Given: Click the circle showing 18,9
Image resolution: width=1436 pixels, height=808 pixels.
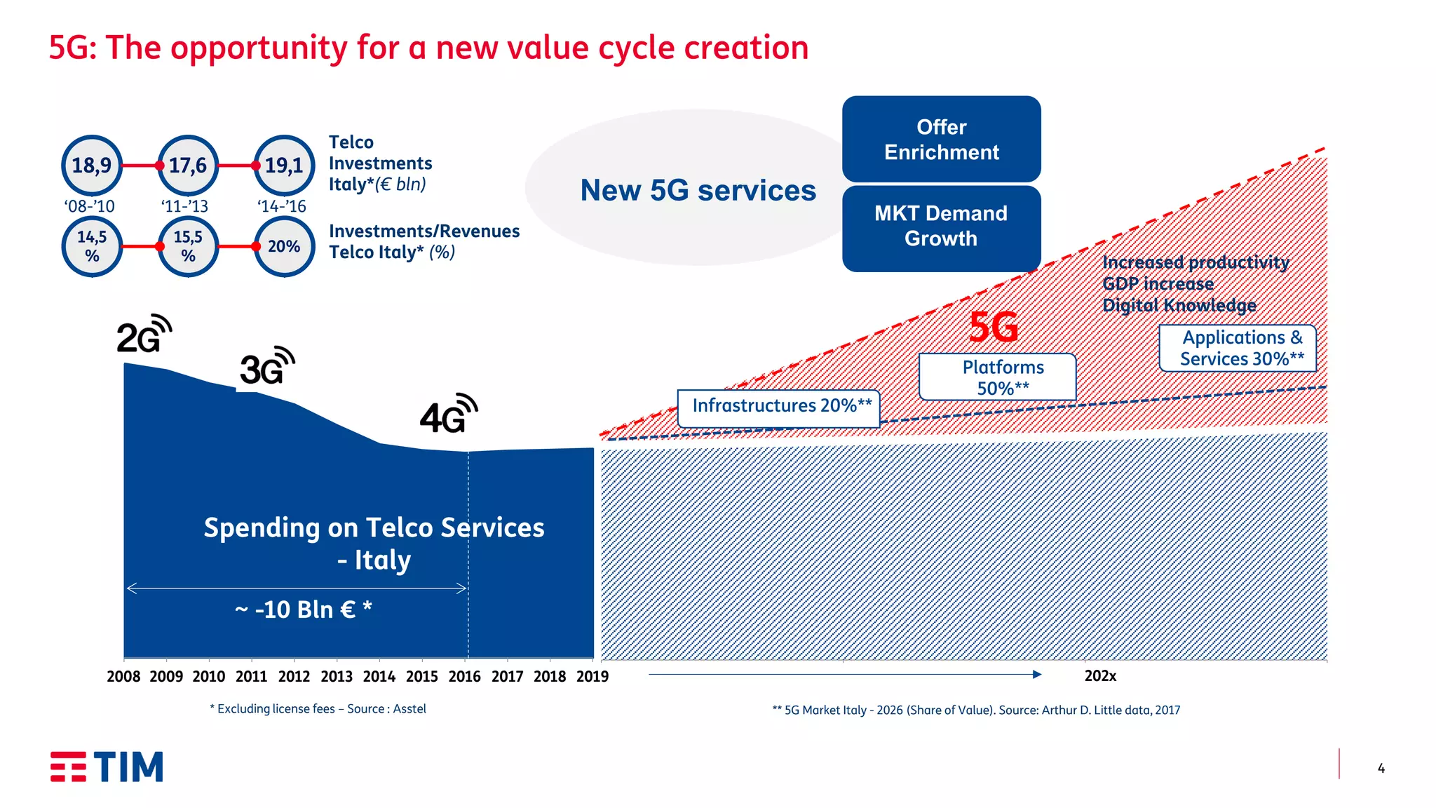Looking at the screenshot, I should [92, 166].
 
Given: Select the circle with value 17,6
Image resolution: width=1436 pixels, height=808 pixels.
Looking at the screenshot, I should [188, 166].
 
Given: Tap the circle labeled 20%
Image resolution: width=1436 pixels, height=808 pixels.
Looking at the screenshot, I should [284, 246].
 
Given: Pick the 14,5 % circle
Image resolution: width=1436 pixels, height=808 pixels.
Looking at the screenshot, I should [92, 246].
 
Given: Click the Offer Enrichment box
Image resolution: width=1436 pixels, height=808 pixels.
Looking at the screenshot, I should [941, 140].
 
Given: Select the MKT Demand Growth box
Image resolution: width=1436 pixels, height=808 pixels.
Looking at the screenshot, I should [941, 227].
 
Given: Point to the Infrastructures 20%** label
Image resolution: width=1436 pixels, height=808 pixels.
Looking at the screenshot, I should [779, 408].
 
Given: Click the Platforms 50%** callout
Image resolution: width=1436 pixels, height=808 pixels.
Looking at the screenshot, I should [997, 377].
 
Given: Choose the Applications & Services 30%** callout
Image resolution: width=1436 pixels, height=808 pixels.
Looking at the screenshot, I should [1238, 348].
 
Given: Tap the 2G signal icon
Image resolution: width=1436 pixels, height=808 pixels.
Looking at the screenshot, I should [144, 335].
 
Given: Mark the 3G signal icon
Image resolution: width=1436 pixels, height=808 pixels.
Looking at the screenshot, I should [267, 366].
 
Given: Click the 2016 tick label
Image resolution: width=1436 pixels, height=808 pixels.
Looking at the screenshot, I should [464, 676].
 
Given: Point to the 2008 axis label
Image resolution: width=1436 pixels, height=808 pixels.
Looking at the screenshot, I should [123, 676].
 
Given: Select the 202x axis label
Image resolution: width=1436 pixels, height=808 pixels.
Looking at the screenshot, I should [1100, 676].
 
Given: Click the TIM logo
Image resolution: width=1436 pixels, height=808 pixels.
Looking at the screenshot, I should [107, 767].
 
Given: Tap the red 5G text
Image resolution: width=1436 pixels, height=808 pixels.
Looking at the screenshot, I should [993, 327].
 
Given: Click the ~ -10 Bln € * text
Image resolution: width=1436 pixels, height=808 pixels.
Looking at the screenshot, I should [303, 610].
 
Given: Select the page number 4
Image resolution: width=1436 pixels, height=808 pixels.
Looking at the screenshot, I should [1381, 769].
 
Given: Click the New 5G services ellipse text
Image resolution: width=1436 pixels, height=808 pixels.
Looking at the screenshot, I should [698, 191].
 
